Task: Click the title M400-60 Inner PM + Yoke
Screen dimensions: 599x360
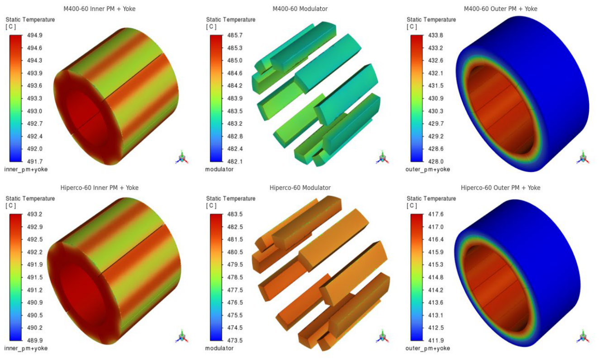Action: pos(100,9)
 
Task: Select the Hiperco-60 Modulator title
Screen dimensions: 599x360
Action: pos(300,188)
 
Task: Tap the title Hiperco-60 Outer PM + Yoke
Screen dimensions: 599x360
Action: pos(500,188)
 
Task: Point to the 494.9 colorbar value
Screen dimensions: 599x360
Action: pos(35,35)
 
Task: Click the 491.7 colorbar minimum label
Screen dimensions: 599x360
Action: pos(35,161)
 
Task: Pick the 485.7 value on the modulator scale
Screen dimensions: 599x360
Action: pos(235,35)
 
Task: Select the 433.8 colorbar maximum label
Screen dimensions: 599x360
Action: pos(436,35)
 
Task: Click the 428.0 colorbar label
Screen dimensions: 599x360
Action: pos(436,161)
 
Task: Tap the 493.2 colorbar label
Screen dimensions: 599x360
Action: pos(35,214)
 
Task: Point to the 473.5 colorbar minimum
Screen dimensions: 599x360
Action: pos(235,341)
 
